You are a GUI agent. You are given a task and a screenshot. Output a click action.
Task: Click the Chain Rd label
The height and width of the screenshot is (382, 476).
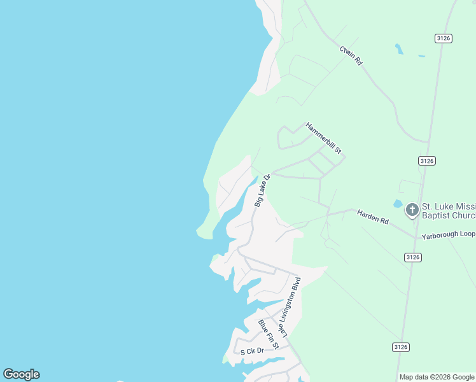point(351,55)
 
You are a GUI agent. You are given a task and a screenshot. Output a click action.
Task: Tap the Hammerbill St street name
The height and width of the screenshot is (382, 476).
point(324,139)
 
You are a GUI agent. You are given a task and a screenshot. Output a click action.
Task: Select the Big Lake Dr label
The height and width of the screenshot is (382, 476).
point(263,190)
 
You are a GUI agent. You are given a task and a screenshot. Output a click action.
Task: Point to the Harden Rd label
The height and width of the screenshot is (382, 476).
point(372,216)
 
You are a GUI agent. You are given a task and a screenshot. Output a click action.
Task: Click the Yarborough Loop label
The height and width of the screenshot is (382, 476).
point(448,234)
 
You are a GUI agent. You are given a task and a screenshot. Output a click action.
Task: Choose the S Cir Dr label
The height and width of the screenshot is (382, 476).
point(251,351)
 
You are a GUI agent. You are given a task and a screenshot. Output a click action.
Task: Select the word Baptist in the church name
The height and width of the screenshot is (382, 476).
point(439,215)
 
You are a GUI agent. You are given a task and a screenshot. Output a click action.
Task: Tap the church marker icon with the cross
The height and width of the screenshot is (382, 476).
point(412,209)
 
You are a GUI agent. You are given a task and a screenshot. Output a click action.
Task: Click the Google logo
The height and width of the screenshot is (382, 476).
point(21,374)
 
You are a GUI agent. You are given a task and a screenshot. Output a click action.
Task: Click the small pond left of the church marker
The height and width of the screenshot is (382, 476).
point(397,204)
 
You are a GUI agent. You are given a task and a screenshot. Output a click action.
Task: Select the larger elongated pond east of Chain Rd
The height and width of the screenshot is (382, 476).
point(398,48)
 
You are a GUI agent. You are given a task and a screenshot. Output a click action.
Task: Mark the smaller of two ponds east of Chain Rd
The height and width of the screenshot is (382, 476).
point(421,56)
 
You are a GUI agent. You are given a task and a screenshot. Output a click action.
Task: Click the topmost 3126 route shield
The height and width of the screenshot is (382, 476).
point(444,39)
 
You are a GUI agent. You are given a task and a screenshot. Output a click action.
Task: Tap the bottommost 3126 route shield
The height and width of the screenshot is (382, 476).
point(400,347)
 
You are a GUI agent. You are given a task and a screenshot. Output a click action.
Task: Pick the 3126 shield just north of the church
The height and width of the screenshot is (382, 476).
point(427,161)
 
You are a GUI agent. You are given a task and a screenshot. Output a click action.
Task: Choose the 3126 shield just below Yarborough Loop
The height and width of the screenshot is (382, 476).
point(412,257)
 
